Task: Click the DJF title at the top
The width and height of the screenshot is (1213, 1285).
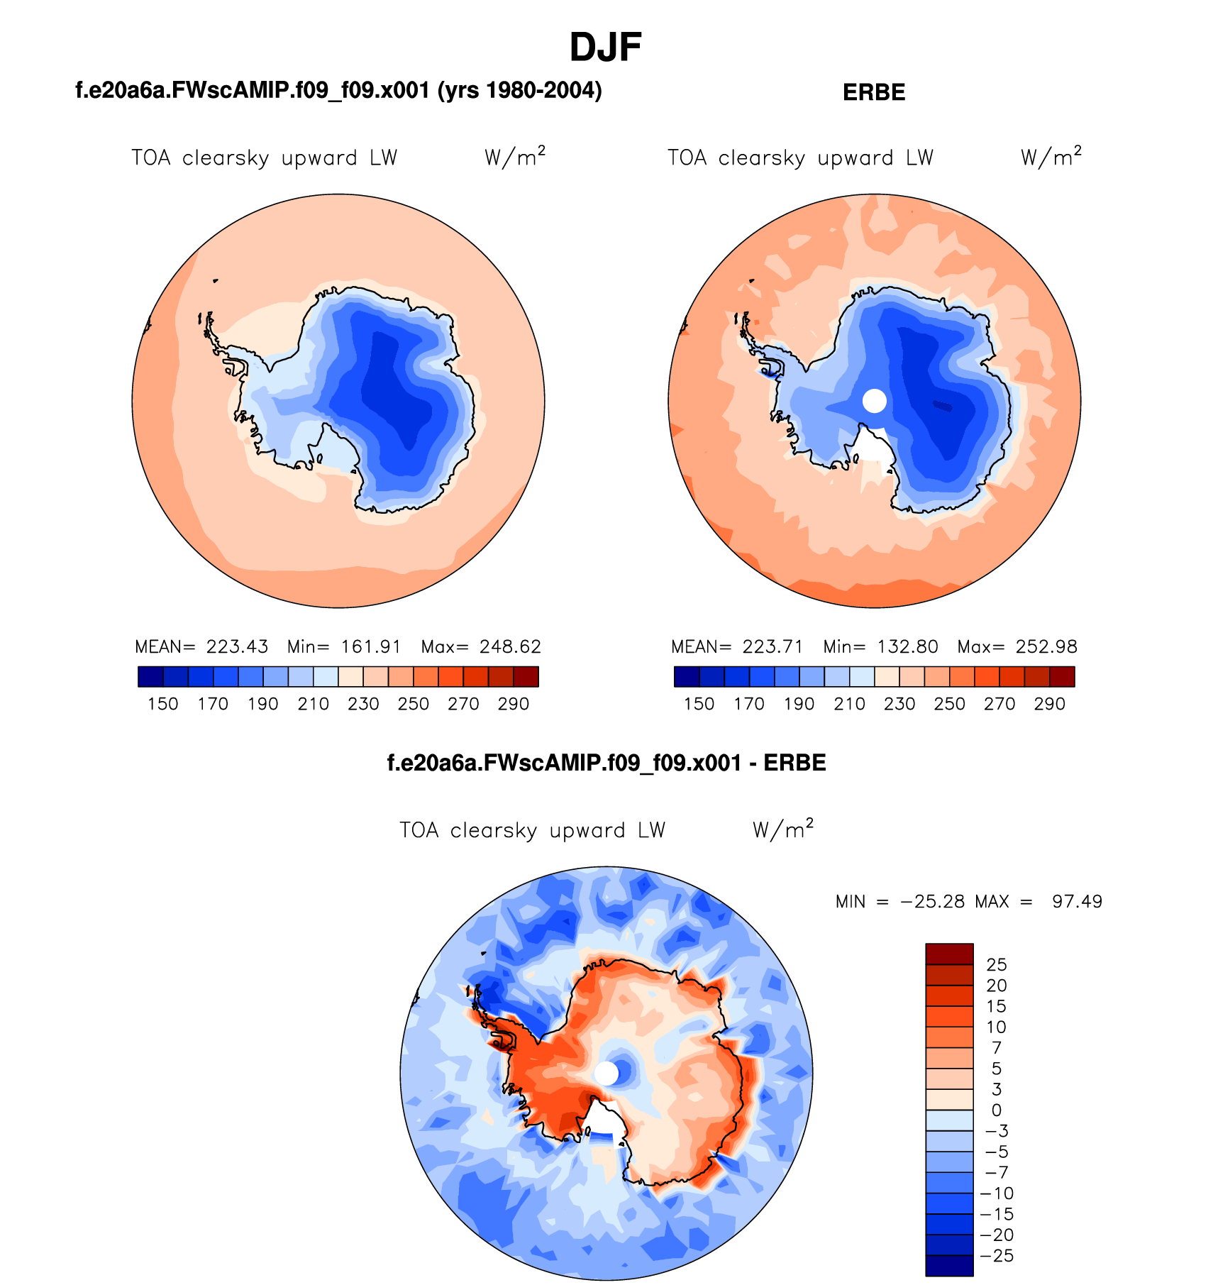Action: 605,48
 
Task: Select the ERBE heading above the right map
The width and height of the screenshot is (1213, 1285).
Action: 874,93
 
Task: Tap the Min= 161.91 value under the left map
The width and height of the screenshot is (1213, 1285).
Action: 344,647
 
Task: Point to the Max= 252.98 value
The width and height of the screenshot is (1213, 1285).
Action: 1017,647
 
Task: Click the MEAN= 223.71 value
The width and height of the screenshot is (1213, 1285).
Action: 737,647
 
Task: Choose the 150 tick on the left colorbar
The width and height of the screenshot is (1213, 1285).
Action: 162,704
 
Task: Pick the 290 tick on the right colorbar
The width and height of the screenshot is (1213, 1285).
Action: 1049,704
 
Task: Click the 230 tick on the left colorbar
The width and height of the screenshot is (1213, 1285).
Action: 363,704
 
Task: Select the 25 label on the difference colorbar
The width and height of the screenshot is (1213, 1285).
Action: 997,965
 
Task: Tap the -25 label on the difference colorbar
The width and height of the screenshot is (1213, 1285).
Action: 997,1256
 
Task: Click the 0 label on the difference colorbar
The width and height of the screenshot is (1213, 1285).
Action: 997,1110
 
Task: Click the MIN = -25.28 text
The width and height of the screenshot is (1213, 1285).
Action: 900,902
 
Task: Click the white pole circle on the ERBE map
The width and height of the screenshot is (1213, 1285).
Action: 875,401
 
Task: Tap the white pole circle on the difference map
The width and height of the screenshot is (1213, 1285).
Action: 606,1074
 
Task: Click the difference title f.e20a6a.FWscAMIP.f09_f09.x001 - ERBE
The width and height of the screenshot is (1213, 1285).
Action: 606,763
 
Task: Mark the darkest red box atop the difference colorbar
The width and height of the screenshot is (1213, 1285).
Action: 949,954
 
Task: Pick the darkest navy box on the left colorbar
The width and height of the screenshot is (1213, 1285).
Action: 150,677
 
